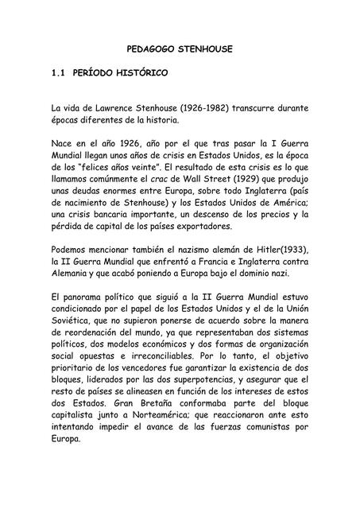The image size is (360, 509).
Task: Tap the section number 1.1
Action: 56,73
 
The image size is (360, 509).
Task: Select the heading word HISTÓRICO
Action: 136,73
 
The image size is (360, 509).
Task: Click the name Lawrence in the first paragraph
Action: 110,107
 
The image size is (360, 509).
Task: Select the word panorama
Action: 82,297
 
